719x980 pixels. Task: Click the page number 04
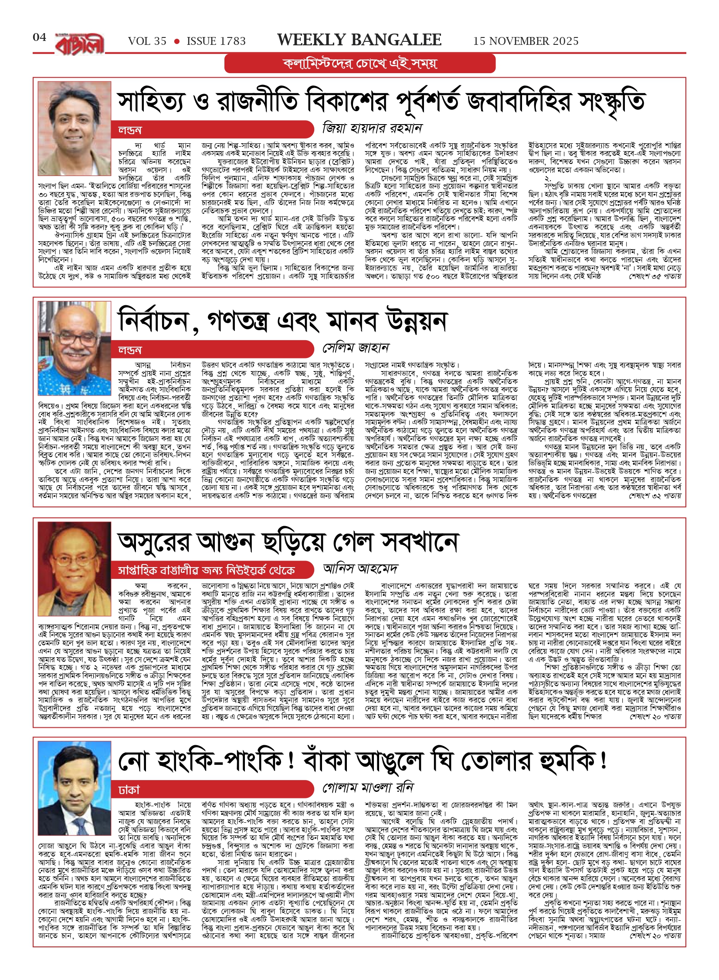tap(40, 37)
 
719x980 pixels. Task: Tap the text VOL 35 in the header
tap(147, 41)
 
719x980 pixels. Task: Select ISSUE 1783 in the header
tap(216, 41)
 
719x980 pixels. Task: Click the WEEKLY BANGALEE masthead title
tap(359, 40)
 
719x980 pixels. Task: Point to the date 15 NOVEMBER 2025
tap(526, 41)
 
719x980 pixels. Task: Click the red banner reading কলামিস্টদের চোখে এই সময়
tap(360, 64)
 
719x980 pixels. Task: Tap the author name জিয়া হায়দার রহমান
tap(372, 128)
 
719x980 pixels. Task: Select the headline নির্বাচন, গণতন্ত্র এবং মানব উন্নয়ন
tap(282, 322)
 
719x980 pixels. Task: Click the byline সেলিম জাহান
tap(356, 348)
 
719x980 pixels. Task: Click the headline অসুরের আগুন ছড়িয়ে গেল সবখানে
tap(288, 543)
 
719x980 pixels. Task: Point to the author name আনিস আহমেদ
tap(360, 568)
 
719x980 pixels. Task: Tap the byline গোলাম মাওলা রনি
tap(368, 787)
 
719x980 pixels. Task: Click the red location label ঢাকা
tap(129, 790)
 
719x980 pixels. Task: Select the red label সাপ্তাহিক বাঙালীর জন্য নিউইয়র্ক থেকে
tap(207, 570)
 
